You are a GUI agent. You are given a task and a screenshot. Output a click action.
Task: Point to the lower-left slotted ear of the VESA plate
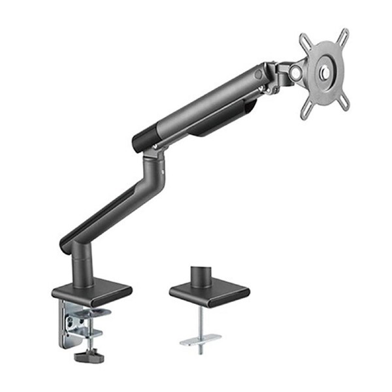[x=306, y=110]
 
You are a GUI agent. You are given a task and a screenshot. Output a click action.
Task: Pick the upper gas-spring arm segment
[x=203, y=105]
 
